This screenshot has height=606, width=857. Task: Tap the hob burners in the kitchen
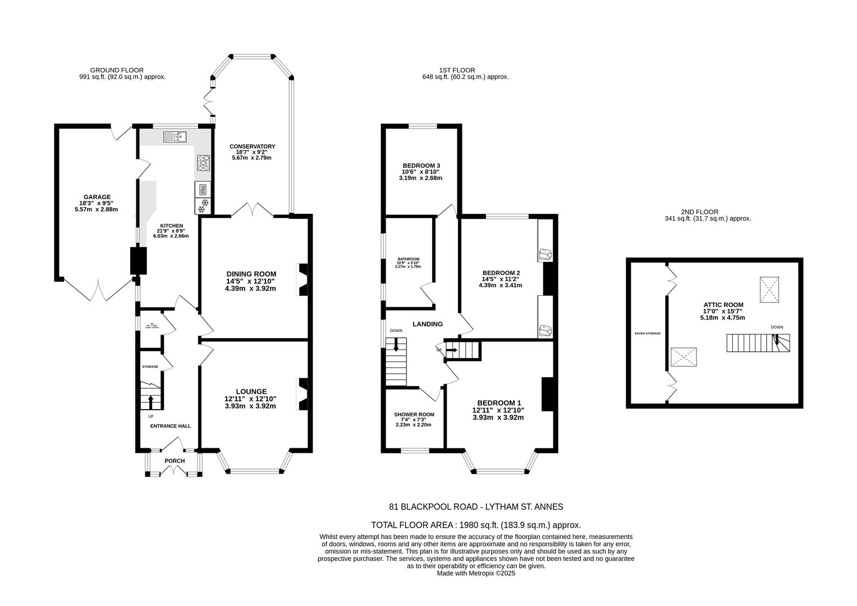(x=203, y=163)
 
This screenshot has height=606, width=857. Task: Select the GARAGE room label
(x=98, y=197)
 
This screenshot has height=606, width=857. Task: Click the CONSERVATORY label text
(x=252, y=146)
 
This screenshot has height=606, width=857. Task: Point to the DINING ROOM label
(x=251, y=274)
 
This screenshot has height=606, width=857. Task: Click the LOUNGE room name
(x=251, y=391)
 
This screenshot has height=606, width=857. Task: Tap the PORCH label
(x=175, y=461)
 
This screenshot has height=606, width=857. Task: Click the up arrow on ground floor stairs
(x=150, y=402)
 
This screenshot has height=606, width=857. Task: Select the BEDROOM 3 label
(x=421, y=165)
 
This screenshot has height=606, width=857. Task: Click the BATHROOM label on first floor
(x=408, y=259)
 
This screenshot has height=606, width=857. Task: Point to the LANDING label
(x=428, y=324)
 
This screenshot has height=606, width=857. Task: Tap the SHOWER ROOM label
(x=414, y=414)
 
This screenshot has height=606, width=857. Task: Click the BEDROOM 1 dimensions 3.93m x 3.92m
(x=498, y=417)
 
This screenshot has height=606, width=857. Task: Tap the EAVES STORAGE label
(x=647, y=333)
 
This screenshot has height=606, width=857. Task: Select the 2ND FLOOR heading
(x=699, y=212)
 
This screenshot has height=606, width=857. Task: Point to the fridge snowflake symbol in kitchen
(x=203, y=205)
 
